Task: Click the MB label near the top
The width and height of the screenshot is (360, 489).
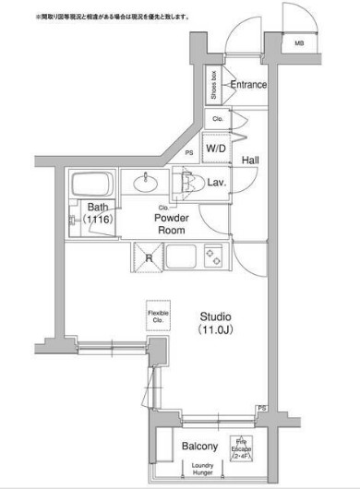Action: tap(300, 42)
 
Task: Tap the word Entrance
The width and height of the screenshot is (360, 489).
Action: tap(248, 85)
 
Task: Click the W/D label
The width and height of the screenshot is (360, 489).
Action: tap(216, 148)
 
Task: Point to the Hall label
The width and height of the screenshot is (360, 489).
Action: tap(250, 161)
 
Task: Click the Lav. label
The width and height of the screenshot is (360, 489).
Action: tap(218, 183)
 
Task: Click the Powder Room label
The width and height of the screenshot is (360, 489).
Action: tap(171, 224)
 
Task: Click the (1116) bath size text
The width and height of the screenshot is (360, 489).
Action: tap(96, 221)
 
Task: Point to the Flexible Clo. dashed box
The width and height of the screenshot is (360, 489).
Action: tap(159, 317)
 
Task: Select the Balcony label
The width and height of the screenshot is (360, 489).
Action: tap(199, 447)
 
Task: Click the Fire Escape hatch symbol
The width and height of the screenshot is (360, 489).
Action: tap(241, 448)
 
